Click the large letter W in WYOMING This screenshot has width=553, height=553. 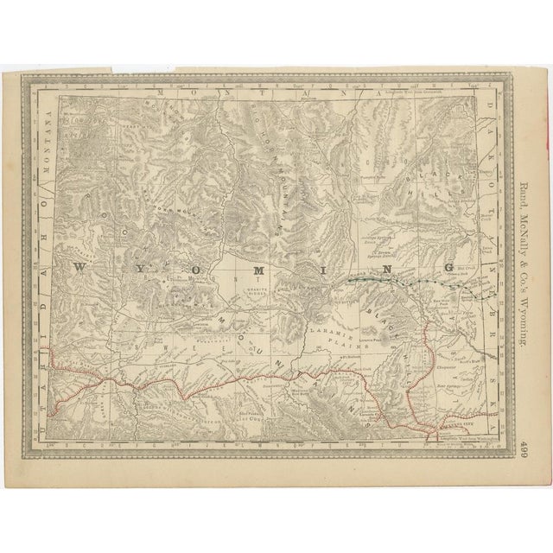80,268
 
